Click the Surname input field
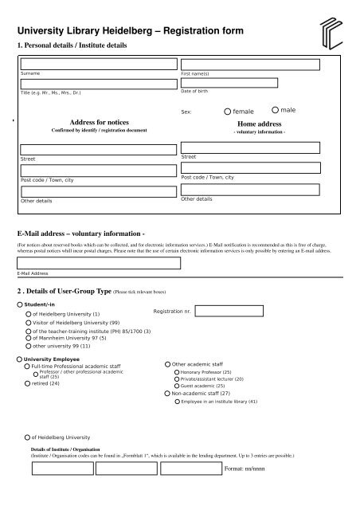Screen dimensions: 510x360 pyautogui.click(x=99, y=65)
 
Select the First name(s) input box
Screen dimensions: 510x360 pyautogui.click(x=252, y=65)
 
